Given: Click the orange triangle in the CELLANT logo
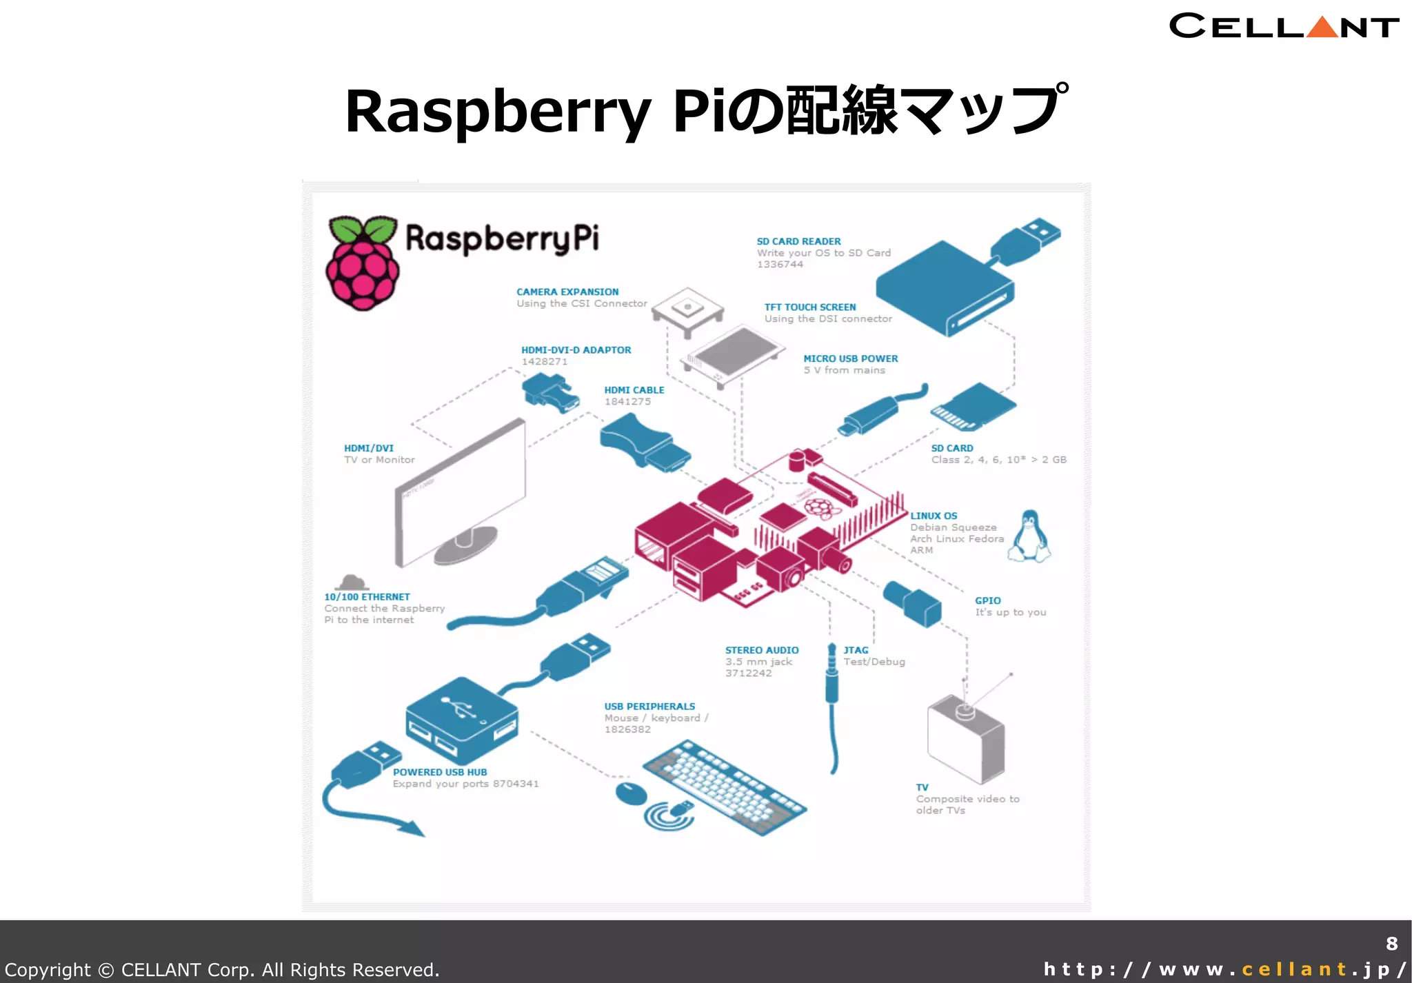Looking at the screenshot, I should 1322,28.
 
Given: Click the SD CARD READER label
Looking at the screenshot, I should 798,241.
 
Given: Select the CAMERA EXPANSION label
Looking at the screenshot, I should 567,292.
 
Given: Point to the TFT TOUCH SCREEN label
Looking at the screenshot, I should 809,307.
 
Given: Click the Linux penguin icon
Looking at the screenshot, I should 1029,536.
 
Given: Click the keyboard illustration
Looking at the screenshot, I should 724,788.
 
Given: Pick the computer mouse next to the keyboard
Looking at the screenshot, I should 630,793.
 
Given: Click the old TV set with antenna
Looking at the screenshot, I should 965,738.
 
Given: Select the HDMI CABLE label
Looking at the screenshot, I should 634,390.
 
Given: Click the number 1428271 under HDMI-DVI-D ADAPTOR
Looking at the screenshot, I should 544,362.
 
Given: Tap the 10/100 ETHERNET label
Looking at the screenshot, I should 367,597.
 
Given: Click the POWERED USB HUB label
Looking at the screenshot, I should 440,772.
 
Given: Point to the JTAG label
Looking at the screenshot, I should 856,650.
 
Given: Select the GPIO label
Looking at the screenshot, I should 987,600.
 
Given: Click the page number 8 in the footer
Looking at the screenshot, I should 1391,944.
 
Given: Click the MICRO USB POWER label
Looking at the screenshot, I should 850,358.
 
